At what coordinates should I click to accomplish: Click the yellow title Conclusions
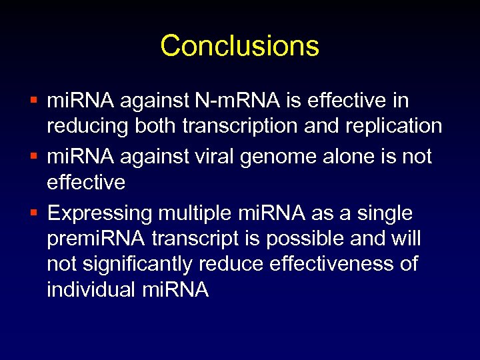coord(239,46)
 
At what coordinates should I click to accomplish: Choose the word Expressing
coord(100,215)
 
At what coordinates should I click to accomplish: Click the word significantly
coord(139,265)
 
